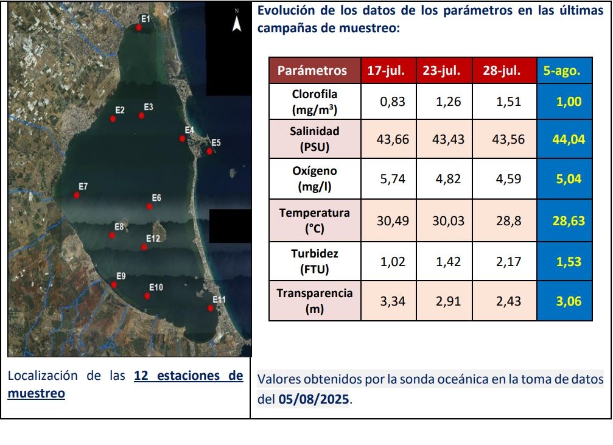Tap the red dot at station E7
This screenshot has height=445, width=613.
coord(77,195)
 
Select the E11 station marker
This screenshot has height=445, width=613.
coord(210,308)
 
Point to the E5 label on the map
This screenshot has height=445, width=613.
coord(215,143)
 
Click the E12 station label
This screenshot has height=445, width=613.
coord(153,239)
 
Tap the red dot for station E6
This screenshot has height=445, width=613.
coord(150,206)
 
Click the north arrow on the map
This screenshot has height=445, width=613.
coord(237,24)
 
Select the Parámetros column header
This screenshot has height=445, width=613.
coord(312,71)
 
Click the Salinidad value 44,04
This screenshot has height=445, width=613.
coord(568,139)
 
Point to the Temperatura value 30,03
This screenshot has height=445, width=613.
coord(448,220)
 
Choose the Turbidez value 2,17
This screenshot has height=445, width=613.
coord(508,262)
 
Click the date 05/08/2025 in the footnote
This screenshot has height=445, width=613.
coord(315,401)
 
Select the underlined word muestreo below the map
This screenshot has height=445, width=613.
coord(36,393)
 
